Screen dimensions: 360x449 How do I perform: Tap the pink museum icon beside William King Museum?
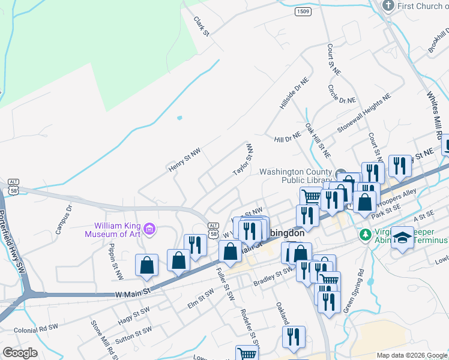(x=149, y=229)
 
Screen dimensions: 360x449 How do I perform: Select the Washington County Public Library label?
(x=295, y=176)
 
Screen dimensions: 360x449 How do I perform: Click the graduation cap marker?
(x=403, y=238)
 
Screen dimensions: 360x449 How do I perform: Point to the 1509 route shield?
(x=303, y=11)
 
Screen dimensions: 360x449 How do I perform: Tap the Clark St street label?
(x=201, y=25)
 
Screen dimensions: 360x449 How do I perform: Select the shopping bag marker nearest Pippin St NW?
(x=146, y=265)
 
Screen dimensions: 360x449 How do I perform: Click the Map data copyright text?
(x=412, y=355)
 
